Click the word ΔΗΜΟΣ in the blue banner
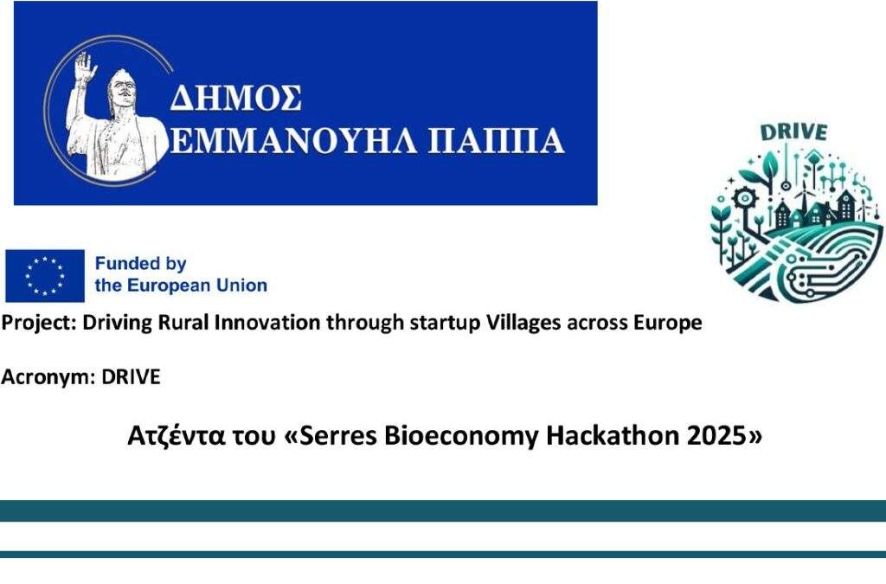(x=235, y=98)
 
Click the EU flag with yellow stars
(x=45, y=276)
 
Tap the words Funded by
(x=141, y=264)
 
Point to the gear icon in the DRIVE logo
(x=743, y=199)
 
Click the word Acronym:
(x=48, y=376)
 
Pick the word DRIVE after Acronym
(x=132, y=376)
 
